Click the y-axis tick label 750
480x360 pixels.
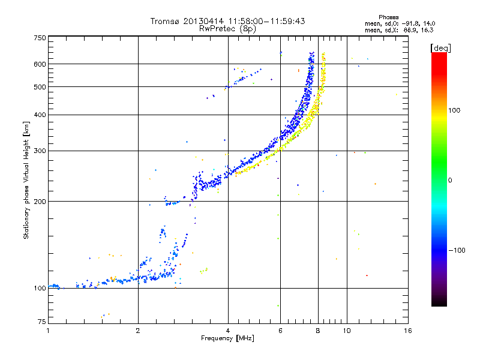(40, 38)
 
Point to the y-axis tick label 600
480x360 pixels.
(40, 64)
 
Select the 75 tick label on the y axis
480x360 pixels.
(41, 322)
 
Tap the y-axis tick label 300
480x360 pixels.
(40, 151)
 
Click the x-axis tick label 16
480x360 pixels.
(407, 330)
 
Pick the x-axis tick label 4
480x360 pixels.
(228, 330)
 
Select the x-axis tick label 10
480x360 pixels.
(346, 330)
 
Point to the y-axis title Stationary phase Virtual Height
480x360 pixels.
(26, 180)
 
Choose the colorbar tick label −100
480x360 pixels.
(457, 250)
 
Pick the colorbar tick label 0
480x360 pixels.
(451, 180)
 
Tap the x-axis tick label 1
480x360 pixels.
(48, 330)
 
